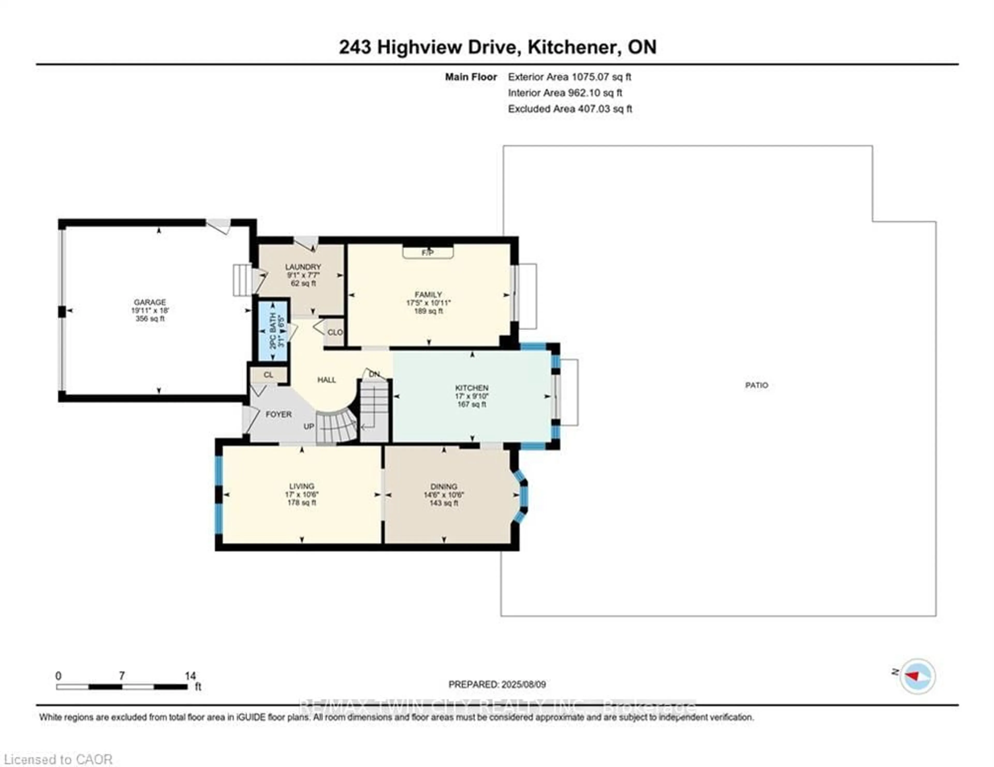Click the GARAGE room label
pos(150,302)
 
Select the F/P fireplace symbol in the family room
pos(428,253)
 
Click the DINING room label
pos(444,486)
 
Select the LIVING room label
pos(302,486)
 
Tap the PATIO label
pos(756,385)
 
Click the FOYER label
pos(279,415)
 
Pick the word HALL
pos(326,380)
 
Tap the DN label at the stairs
pos(374,374)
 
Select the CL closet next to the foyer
pos(268,375)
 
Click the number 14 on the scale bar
pos(190,676)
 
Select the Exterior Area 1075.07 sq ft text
pos(569,77)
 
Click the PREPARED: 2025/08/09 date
pos(497,684)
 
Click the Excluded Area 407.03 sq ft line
pos(570,109)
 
